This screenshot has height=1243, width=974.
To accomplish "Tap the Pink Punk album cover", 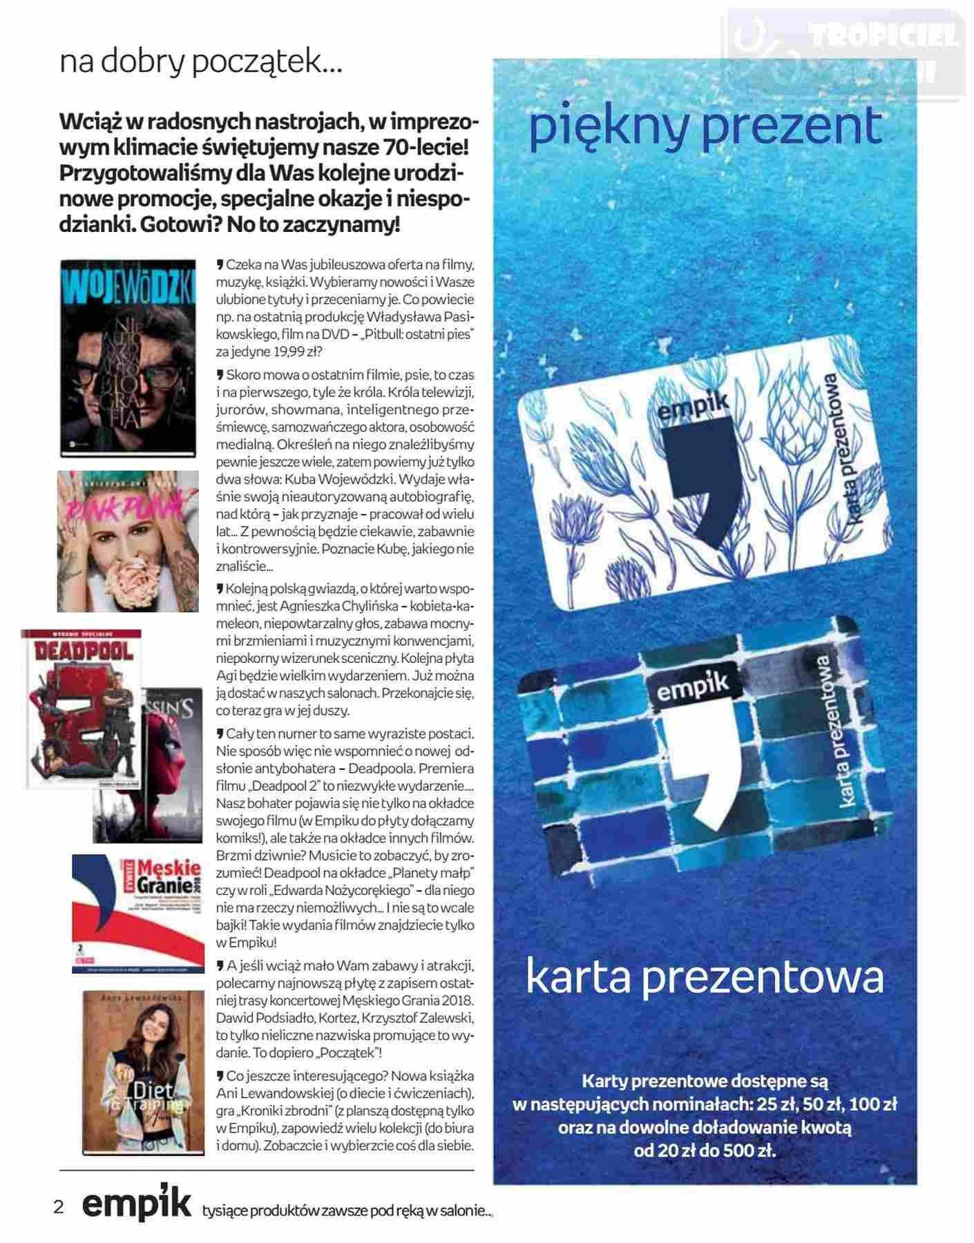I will (x=128, y=541).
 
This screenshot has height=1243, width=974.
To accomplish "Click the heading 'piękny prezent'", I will (x=705, y=128).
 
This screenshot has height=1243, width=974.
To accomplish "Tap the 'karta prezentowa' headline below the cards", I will (x=705, y=976).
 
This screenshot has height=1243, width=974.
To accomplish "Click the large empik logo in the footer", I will (x=136, y=1205).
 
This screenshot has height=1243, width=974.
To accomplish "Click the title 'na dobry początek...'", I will (x=200, y=64).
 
